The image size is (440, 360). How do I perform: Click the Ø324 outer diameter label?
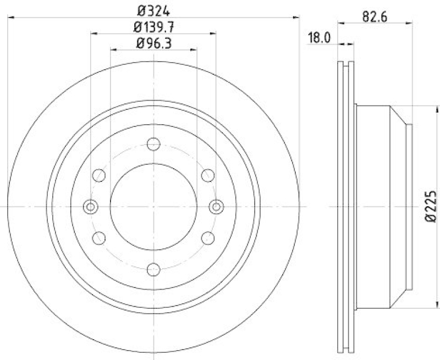(153, 9)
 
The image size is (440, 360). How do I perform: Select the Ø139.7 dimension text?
(153, 26)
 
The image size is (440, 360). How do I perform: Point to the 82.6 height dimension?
(376, 16)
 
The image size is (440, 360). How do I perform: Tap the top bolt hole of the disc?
(153, 144)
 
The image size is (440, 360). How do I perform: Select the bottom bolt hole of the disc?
(153, 269)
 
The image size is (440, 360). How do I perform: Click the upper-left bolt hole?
(99, 175)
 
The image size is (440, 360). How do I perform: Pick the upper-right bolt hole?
(207, 175)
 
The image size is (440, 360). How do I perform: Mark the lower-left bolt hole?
(99, 238)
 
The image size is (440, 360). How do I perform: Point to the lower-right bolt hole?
(207, 238)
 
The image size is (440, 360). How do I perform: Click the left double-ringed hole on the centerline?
(91, 207)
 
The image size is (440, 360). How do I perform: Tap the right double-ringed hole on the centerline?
(216, 207)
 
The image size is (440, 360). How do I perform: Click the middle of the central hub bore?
(153, 207)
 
